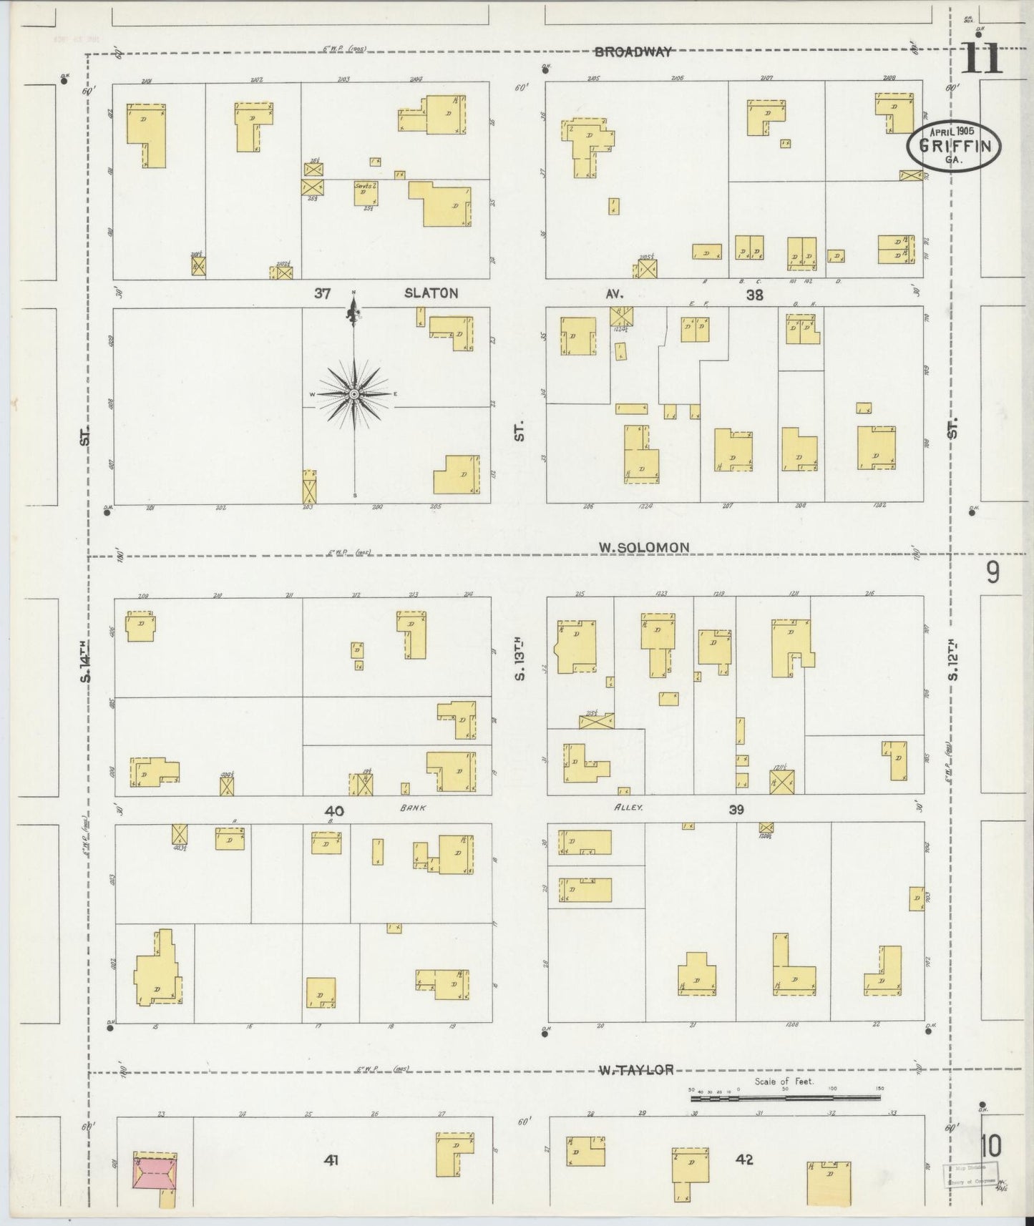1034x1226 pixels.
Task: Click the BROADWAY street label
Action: click(633, 52)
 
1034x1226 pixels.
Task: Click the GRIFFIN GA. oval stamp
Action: click(954, 146)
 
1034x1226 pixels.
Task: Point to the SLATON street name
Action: click(431, 293)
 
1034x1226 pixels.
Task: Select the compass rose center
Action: click(354, 394)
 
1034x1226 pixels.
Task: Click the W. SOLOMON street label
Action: click(644, 547)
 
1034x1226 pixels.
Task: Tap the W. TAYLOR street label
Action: click(635, 1070)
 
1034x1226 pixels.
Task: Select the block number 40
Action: click(334, 811)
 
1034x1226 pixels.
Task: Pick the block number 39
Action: click(736, 810)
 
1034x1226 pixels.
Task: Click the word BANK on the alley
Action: click(413, 808)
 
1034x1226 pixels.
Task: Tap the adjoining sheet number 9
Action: click(992, 573)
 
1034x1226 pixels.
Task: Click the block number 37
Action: click(322, 293)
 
